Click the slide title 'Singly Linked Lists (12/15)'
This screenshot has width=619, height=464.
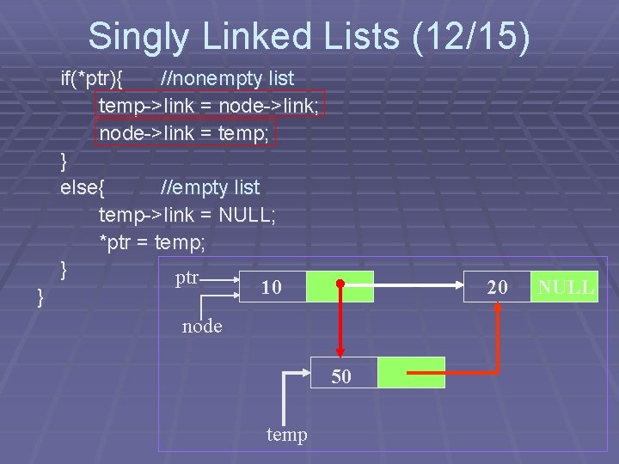click(x=309, y=37)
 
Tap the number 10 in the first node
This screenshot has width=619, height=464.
click(x=271, y=288)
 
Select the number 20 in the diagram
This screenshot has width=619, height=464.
click(x=497, y=288)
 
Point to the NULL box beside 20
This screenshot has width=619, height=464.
click(x=565, y=287)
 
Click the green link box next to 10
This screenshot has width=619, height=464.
click(x=340, y=287)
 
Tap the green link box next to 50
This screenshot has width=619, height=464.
click(x=411, y=373)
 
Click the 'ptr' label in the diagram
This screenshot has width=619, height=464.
click(x=187, y=278)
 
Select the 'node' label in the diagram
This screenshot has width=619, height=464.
click(x=202, y=327)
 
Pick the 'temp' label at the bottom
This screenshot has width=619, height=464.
click(x=286, y=435)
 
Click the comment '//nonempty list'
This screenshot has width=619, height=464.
click(x=227, y=78)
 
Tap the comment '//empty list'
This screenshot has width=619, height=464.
click(x=210, y=187)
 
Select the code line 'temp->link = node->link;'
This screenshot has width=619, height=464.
click(x=210, y=105)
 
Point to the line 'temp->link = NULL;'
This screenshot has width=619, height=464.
click(x=187, y=215)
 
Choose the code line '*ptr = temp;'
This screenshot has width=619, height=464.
click(x=152, y=242)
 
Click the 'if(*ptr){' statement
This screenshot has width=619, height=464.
click(x=92, y=78)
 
